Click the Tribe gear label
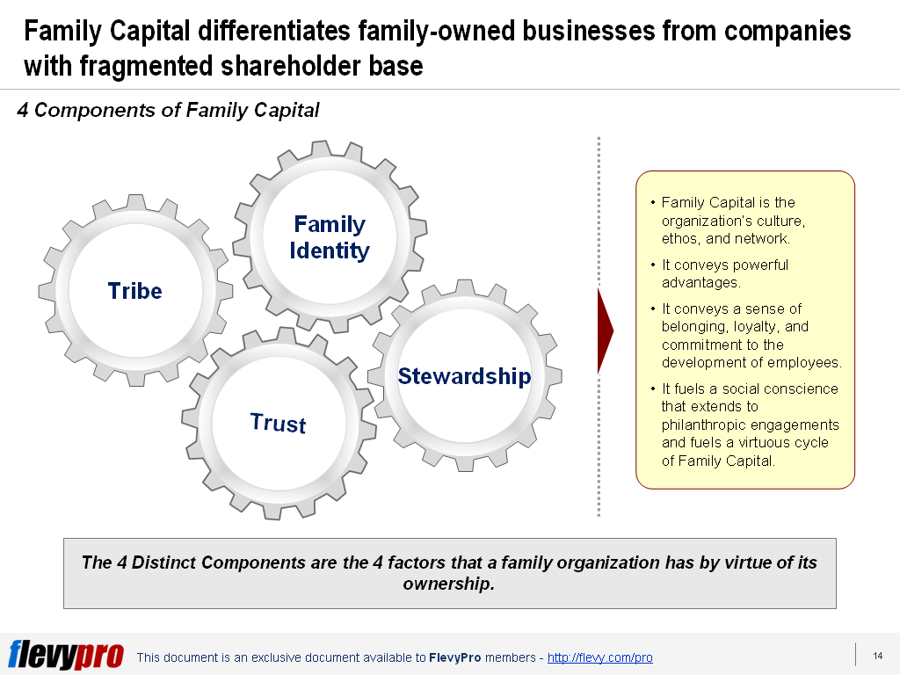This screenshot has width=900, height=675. (x=134, y=291)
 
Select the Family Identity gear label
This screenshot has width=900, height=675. (x=330, y=237)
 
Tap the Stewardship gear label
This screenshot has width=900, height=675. (x=464, y=376)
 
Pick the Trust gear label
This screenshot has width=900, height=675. (x=278, y=423)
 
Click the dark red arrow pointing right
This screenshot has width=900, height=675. (x=605, y=330)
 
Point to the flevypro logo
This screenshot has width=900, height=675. (x=66, y=655)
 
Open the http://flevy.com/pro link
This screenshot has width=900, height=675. (x=599, y=657)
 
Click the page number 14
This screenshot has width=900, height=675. (x=877, y=656)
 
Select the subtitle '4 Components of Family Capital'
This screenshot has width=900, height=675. (x=168, y=110)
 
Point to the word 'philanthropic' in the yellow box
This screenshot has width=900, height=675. (x=704, y=425)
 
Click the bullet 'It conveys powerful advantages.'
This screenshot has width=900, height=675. (x=724, y=273)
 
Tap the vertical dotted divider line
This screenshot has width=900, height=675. (x=599, y=325)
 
